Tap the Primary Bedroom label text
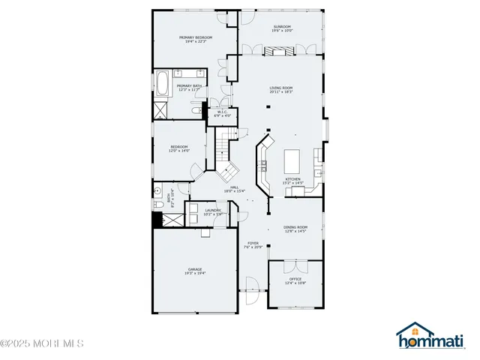pos(195,37)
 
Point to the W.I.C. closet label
pos(222,112)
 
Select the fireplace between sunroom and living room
pos(280,51)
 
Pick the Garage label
pos(195,269)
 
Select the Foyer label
pos(253,244)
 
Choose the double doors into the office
pos(295,265)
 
